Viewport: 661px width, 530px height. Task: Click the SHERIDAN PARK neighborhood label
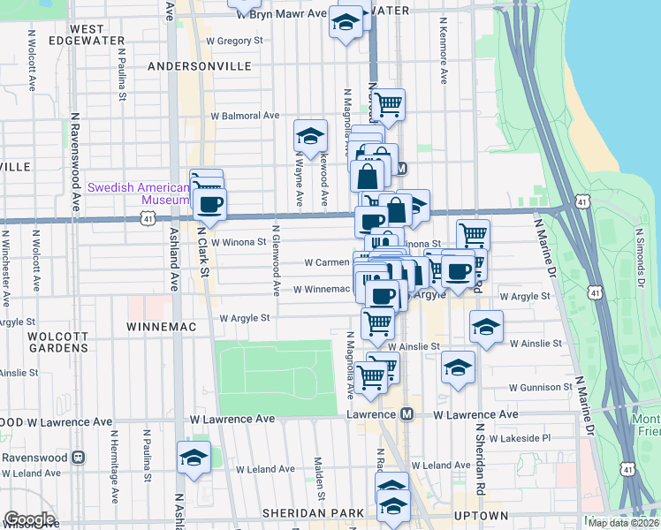(x=313, y=514)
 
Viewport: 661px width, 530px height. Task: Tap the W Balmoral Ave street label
(x=245, y=116)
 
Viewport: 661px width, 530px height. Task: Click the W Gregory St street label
(x=233, y=41)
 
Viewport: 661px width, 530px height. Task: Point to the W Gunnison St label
(x=541, y=388)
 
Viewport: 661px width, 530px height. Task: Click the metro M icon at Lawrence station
(x=407, y=414)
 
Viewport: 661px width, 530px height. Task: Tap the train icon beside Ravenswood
(x=78, y=458)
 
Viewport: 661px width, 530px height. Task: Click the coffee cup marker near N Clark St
(x=210, y=205)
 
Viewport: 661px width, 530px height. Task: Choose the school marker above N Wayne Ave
(x=310, y=136)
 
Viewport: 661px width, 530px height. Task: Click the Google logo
(x=29, y=519)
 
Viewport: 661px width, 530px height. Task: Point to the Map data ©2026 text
(x=622, y=523)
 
